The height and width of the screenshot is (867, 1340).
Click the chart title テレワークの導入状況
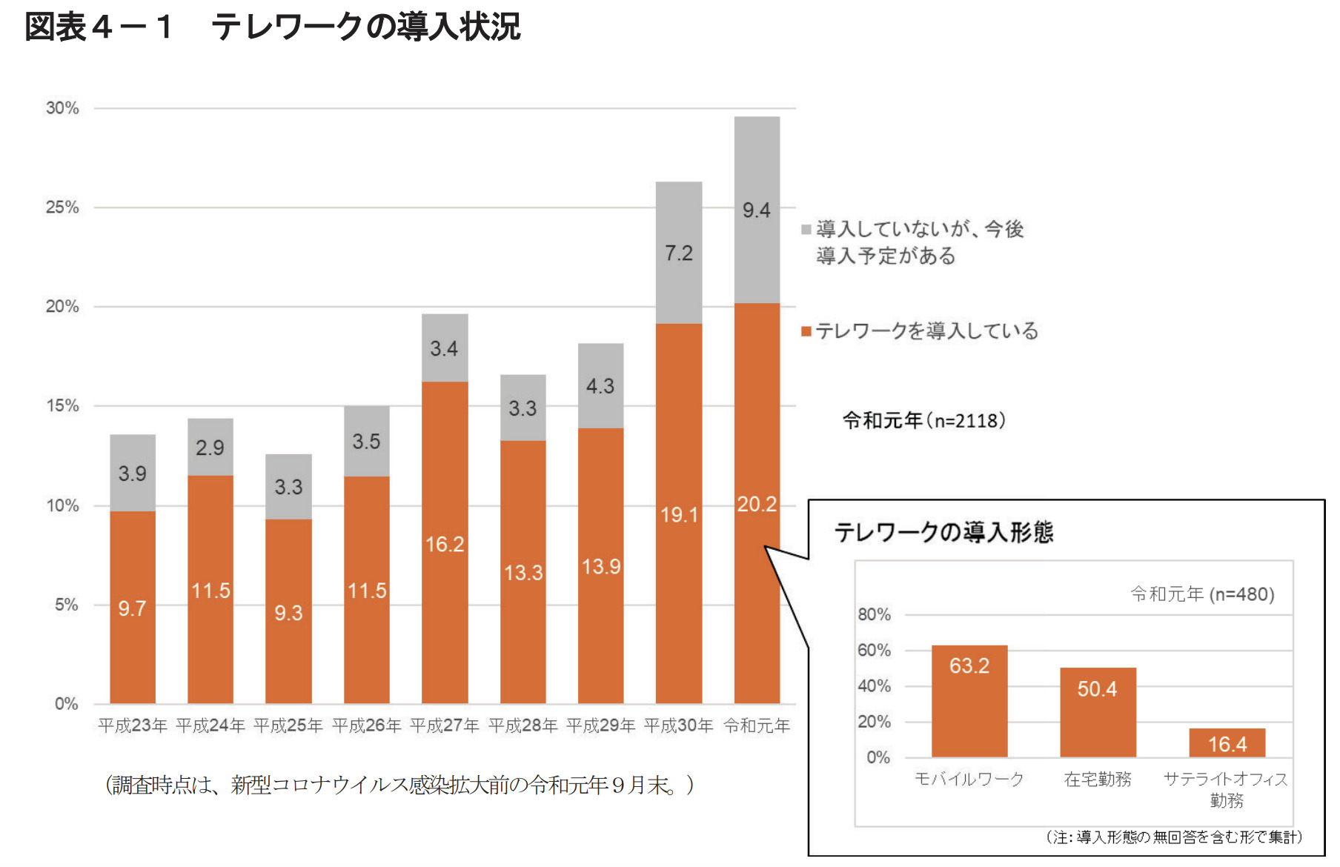pos(366,27)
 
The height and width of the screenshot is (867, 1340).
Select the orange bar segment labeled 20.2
pos(757,504)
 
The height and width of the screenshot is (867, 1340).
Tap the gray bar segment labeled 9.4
pos(757,210)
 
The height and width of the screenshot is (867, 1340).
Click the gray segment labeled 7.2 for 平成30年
pos(678,253)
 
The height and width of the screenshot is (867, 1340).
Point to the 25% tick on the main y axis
pos(62,207)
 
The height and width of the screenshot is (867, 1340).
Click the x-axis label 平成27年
pos(445,725)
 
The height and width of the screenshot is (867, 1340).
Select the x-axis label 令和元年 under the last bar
pos(757,725)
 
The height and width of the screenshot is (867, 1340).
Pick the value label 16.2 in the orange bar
pos(445,544)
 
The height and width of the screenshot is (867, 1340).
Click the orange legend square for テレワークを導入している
pos(806,331)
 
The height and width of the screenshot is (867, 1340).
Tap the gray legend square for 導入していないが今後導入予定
pos(806,230)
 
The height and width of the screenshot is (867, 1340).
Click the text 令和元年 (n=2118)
pos(924,421)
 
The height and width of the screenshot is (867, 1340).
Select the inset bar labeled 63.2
pos(969,700)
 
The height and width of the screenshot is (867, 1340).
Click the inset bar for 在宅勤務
pos(1097,711)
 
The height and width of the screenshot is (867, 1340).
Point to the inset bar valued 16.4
pos(1227,743)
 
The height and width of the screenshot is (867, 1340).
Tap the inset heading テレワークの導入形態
pos(943,532)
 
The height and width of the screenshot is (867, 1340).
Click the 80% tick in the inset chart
pos(874,614)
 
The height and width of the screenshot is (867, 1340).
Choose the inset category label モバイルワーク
pos(969,779)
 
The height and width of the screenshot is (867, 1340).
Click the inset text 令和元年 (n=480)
pos(1202,594)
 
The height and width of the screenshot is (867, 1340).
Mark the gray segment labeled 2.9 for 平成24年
pos(210,448)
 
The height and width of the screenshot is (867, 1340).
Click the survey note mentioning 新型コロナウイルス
pos(399,785)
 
